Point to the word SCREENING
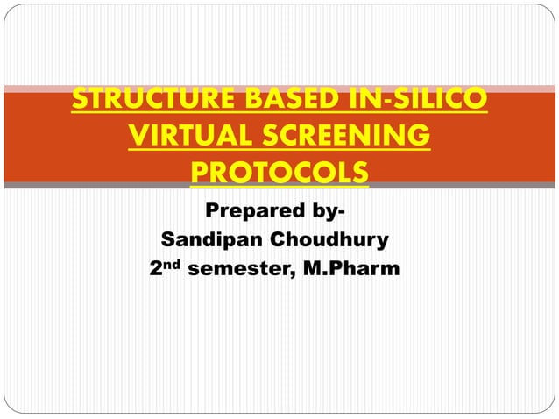[350, 137]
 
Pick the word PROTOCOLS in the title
[279, 173]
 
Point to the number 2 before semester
[159, 267]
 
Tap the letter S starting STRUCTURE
[81, 101]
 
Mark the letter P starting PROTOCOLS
[201, 173]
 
